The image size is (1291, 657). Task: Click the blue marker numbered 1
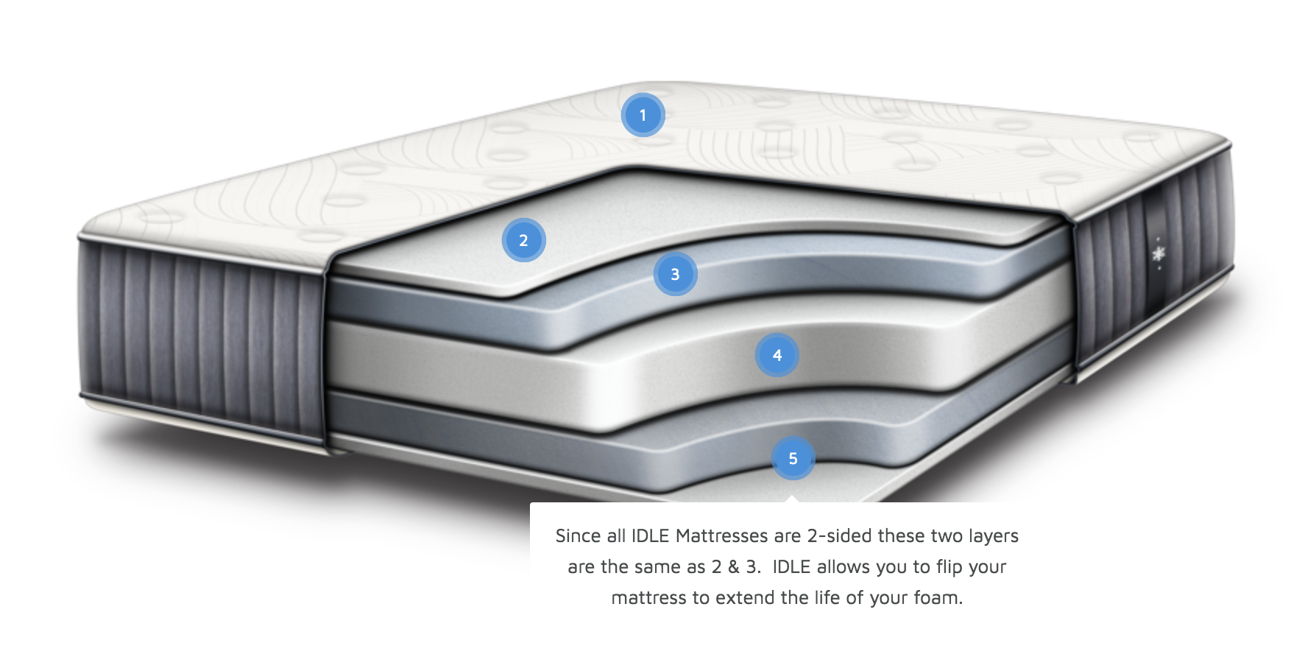pyautogui.click(x=643, y=116)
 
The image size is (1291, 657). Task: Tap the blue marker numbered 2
pyautogui.click(x=523, y=240)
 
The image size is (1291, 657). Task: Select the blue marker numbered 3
pyautogui.click(x=675, y=275)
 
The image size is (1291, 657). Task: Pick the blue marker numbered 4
pyautogui.click(x=777, y=355)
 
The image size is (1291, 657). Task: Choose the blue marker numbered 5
pyautogui.click(x=793, y=458)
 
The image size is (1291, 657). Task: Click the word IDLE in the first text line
pyautogui.click(x=651, y=536)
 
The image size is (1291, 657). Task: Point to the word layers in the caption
pyautogui.click(x=994, y=536)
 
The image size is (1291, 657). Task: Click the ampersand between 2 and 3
pyautogui.click(x=734, y=567)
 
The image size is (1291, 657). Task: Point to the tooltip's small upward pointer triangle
pyautogui.click(x=792, y=499)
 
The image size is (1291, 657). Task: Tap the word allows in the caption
pyautogui.click(x=842, y=567)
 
